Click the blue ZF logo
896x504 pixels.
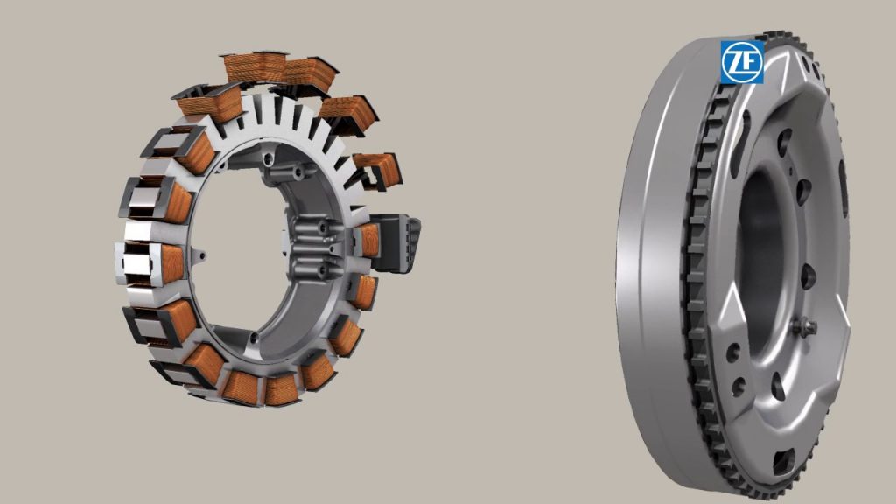(x=742, y=62)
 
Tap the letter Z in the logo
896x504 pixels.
(x=735, y=62)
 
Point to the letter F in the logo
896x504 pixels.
(x=750, y=62)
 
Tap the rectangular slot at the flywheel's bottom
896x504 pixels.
(x=783, y=461)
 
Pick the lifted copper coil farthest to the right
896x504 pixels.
(x=377, y=170)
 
